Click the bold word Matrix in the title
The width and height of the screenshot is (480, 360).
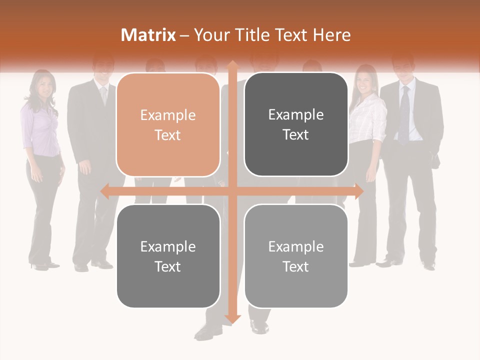[x=148, y=35]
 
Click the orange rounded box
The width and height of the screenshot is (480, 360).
[x=168, y=124]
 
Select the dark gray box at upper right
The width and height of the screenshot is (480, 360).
[x=296, y=124]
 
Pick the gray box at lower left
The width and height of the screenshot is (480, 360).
[x=168, y=256]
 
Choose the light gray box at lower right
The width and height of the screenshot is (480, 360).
[x=296, y=256]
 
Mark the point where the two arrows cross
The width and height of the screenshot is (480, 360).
[x=232, y=191]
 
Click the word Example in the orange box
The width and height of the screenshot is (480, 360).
[x=168, y=115]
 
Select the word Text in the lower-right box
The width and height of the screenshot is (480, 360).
[x=296, y=266]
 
